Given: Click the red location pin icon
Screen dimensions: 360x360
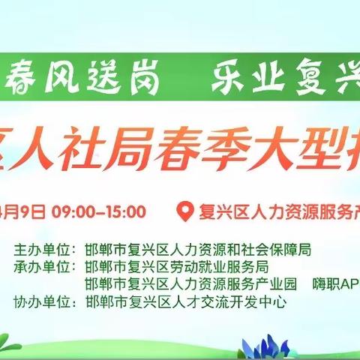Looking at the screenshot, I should click(181, 211).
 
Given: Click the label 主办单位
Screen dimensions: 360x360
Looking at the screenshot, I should click(45, 248).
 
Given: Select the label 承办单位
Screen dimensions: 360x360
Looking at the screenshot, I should click(45, 266).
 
